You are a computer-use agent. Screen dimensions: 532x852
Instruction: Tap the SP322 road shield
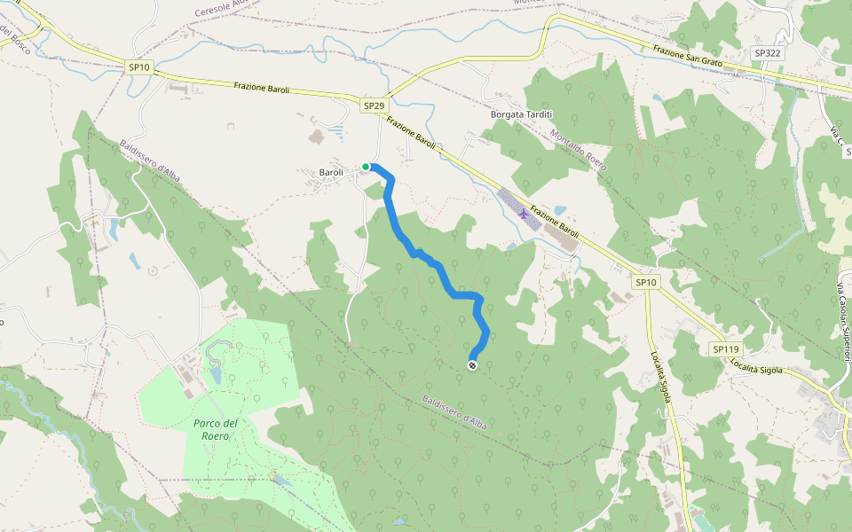[767, 53]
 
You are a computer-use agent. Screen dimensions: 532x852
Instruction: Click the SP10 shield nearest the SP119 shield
[646, 282]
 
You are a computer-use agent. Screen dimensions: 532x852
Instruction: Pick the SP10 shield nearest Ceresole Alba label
[139, 66]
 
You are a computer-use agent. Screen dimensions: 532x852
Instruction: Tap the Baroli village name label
[330, 172]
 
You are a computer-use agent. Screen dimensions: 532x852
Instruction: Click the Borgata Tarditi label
[521, 114]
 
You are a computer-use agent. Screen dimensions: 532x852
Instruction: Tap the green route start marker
[366, 166]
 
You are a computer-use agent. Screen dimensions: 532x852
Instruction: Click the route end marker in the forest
[472, 364]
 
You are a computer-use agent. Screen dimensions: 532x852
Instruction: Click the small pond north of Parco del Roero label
[216, 374]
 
